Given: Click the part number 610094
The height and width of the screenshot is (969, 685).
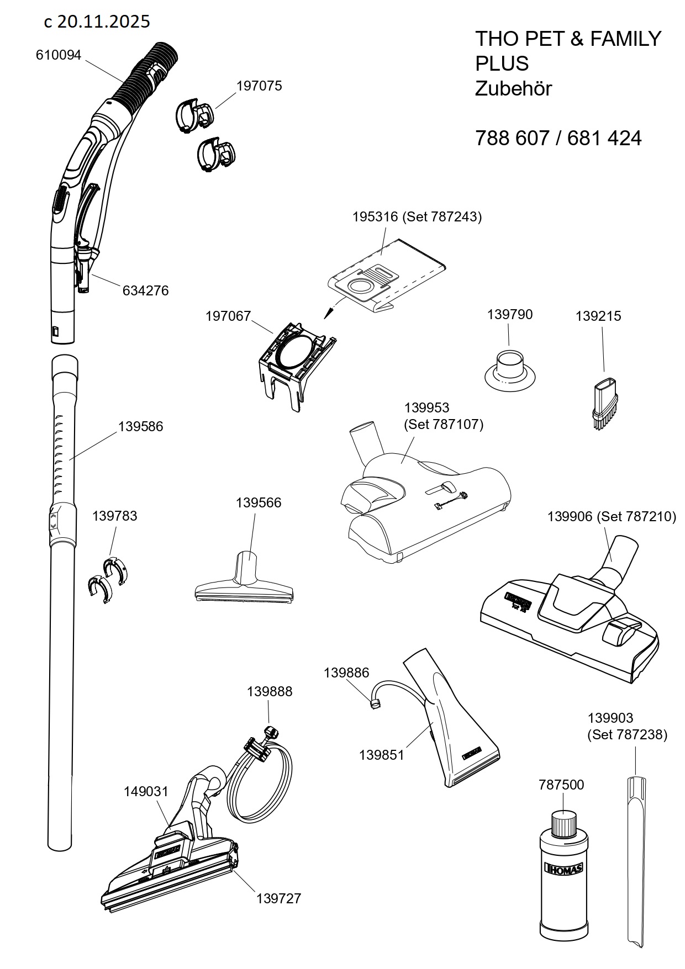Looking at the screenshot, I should [x=58, y=55].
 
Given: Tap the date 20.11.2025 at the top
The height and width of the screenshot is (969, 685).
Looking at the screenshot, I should [x=103, y=22].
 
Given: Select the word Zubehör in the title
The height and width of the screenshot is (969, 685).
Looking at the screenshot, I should [x=513, y=89].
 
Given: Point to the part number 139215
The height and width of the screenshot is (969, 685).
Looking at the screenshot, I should [x=598, y=316].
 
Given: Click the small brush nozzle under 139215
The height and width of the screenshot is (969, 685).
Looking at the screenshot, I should [x=604, y=403].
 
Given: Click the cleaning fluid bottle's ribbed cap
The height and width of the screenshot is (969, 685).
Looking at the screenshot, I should [x=563, y=823].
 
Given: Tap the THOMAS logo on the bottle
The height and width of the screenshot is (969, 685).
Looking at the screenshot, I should [x=563, y=867].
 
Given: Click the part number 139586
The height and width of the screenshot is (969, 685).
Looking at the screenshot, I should [x=140, y=427].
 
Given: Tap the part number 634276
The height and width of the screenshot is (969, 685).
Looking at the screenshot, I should [x=145, y=290].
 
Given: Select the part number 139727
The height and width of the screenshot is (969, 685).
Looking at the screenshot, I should [x=278, y=898].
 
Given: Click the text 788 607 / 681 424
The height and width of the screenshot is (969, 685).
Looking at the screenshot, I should [x=558, y=138].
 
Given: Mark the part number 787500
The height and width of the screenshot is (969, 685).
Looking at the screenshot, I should [x=561, y=785].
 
